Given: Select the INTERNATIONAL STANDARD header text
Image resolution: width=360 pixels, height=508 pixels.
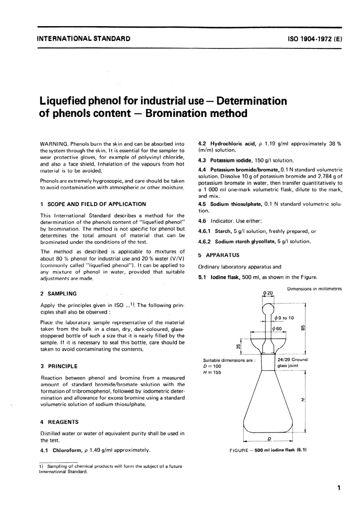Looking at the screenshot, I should [83, 38].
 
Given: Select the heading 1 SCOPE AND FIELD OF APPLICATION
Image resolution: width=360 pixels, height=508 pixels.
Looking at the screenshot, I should [93, 204].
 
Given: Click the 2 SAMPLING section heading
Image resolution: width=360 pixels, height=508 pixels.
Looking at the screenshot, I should [58, 294].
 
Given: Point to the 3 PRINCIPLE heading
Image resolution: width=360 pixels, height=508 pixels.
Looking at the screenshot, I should [59, 366].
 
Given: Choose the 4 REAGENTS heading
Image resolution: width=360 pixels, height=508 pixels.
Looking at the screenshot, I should [59, 422].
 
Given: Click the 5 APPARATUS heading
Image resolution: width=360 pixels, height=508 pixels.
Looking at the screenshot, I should [219, 255].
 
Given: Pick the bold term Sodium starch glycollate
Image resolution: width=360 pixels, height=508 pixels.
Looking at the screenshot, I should [246, 241].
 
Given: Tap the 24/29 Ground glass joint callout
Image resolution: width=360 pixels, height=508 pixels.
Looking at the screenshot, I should [292, 363].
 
